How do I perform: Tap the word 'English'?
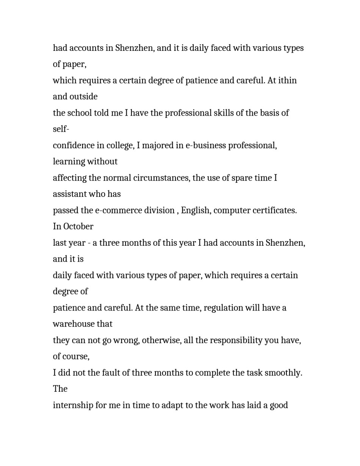pos(196,210)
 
